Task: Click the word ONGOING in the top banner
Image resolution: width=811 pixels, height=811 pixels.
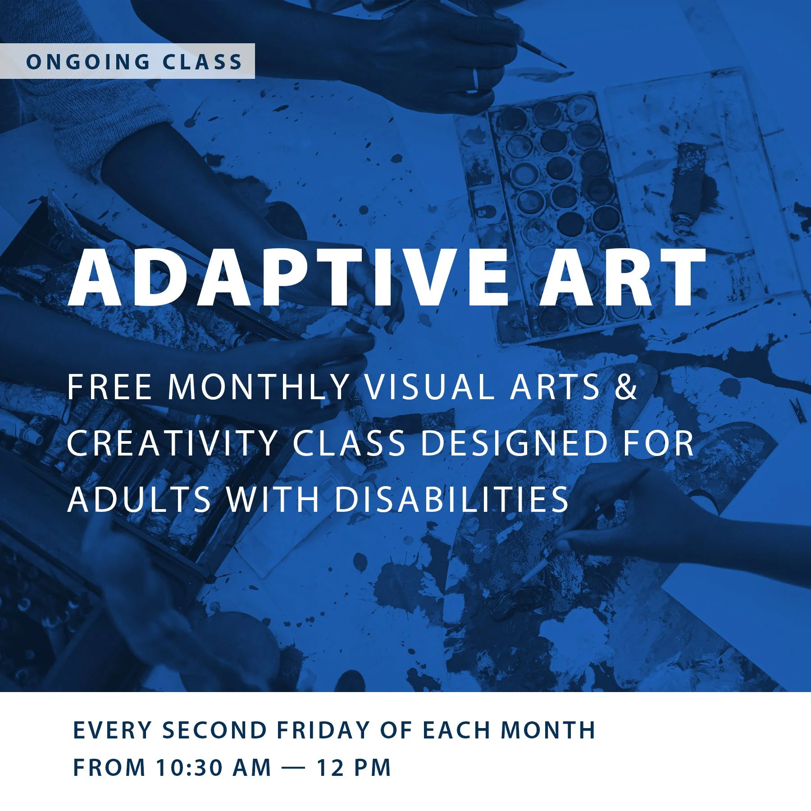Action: click(88, 62)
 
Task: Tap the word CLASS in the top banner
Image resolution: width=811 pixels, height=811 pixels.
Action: click(202, 62)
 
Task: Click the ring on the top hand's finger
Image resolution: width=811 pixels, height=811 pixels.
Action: click(475, 79)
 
